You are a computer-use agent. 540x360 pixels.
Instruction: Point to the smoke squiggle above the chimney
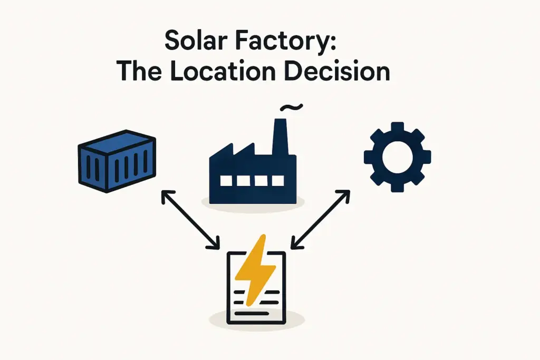pyautogui.click(x=292, y=108)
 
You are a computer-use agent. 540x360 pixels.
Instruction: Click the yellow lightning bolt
pyautogui.click(x=255, y=269)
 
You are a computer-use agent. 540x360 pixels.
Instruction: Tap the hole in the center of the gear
pyautogui.click(x=397, y=157)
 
